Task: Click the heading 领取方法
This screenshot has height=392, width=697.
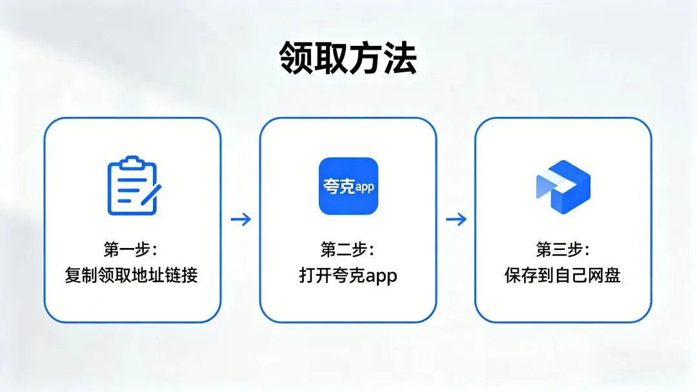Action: (x=348, y=59)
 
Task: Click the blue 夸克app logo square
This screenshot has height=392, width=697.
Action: (x=348, y=186)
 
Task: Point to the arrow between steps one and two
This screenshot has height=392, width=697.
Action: (x=241, y=220)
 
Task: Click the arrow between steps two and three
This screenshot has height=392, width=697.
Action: (x=456, y=220)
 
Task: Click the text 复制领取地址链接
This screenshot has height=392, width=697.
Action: (x=132, y=276)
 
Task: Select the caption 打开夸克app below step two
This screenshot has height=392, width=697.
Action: (x=348, y=276)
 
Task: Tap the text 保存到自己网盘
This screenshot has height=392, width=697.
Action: (x=563, y=276)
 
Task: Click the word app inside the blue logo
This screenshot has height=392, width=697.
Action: (x=365, y=187)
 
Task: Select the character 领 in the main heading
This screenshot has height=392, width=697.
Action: (x=296, y=59)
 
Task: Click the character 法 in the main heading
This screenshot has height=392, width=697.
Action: (x=400, y=59)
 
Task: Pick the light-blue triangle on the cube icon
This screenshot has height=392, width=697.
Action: (x=543, y=186)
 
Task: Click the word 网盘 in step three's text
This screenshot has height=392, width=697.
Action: (x=606, y=276)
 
